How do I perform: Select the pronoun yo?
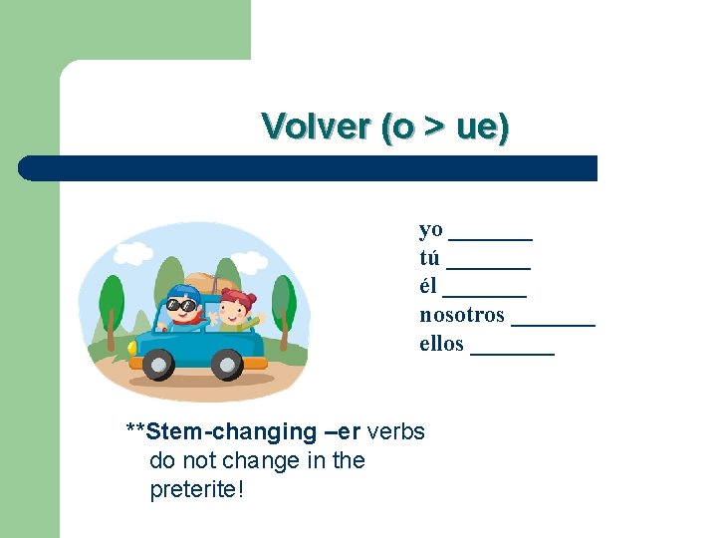coord(430,229)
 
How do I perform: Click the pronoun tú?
coord(430,258)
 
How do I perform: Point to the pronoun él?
coord(428,286)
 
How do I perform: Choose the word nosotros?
coord(462,315)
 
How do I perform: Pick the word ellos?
coord(441,344)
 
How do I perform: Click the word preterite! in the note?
coord(196,490)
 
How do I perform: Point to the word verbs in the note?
coord(396,431)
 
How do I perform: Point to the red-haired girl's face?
coord(235,310)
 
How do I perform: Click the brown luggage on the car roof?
coord(204,283)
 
